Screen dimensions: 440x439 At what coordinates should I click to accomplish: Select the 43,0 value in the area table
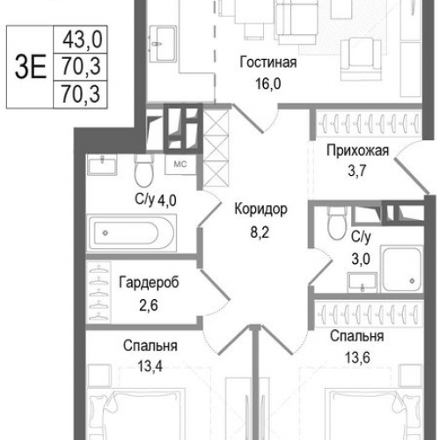pos(79,40)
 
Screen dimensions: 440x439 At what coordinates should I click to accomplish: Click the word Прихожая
pos(356,150)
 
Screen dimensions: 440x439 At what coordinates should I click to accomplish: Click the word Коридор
pos(261,209)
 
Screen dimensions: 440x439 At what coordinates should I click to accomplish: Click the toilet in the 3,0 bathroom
pos(333,227)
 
